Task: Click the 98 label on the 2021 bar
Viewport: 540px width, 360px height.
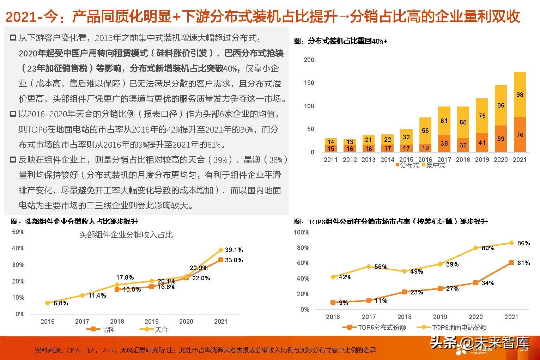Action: point(520,95)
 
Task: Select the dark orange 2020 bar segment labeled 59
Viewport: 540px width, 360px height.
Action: point(500,139)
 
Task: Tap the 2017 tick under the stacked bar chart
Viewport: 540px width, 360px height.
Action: point(444,159)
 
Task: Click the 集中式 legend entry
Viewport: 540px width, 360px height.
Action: point(433,165)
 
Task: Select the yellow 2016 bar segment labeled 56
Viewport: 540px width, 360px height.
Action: point(425,131)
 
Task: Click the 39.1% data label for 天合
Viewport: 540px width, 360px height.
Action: point(233,250)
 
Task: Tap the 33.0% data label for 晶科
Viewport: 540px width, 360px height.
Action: point(233,260)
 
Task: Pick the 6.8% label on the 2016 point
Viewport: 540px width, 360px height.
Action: point(61,303)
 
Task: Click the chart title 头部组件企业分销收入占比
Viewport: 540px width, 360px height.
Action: point(126,235)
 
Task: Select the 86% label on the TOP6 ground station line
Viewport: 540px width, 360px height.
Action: point(523,243)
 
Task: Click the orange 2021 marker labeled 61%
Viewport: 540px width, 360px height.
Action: point(511,263)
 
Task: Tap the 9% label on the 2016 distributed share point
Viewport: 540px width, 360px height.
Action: point(343,303)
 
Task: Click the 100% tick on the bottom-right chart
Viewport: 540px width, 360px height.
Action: point(302,232)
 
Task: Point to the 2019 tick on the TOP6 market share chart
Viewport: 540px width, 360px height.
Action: point(440,317)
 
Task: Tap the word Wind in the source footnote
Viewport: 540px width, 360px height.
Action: point(109,350)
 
